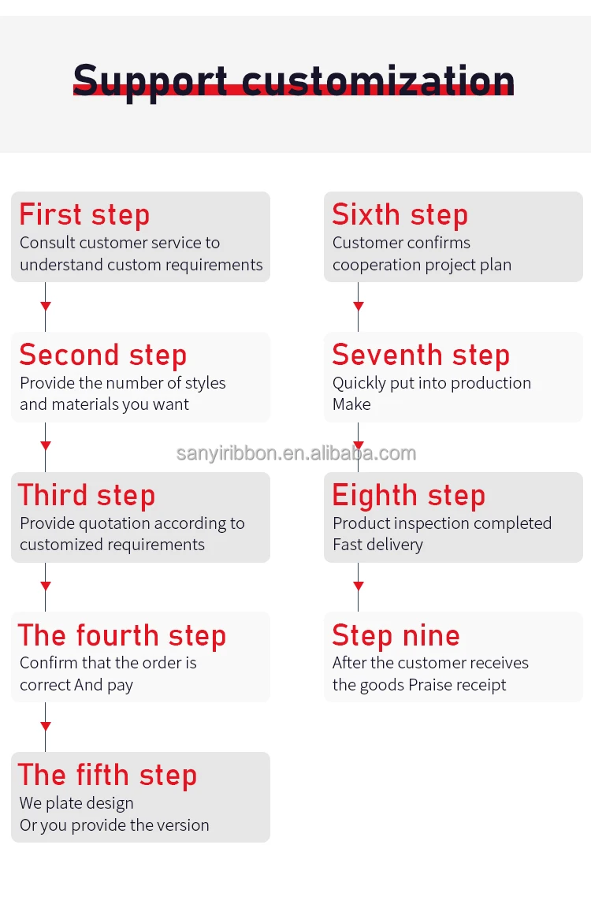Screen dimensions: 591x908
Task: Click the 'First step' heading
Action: coord(84,215)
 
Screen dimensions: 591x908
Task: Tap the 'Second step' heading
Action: coord(103,355)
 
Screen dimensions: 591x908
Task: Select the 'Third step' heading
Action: coord(87,496)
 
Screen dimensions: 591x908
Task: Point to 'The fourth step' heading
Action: coord(122,636)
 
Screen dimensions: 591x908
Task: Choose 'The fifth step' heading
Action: coord(108,776)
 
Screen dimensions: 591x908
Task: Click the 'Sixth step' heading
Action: coord(400,215)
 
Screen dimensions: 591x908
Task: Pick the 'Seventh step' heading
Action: coord(421,355)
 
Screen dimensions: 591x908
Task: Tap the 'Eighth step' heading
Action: coord(409,497)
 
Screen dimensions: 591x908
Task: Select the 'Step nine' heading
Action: coord(396,636)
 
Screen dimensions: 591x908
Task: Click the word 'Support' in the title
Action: coord(151,82)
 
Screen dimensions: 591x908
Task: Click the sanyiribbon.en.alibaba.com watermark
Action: coord(296,453)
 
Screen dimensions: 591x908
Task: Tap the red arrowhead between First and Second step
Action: coord(46,306)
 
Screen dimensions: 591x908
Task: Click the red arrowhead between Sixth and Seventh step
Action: coord(359,306)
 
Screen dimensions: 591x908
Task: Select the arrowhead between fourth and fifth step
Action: coord(46,726)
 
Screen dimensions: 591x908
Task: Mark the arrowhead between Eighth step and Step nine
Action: coord(359,586)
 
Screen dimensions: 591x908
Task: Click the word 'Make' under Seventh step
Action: coord(351,404)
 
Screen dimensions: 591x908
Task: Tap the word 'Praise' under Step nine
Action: coord(428,685)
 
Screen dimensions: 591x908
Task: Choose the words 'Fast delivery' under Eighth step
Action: coord(378,545)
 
